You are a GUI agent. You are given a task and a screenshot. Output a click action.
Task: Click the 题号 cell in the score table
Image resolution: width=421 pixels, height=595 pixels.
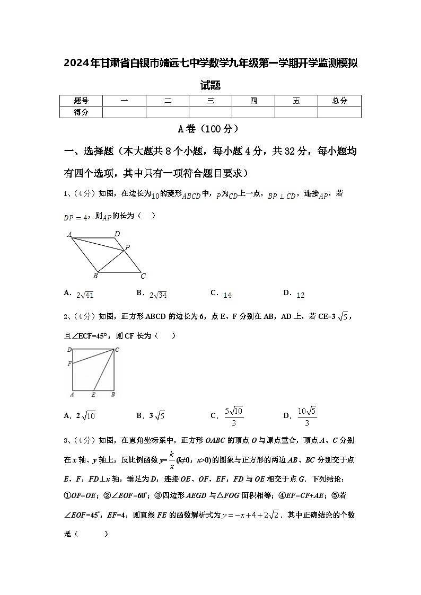81,101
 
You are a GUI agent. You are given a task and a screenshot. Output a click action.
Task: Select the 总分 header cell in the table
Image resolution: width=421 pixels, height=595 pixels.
339,101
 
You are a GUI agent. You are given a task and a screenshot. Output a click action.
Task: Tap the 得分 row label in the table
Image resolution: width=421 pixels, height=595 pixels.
81,112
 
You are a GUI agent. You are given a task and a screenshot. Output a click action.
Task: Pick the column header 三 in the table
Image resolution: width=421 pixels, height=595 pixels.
210,101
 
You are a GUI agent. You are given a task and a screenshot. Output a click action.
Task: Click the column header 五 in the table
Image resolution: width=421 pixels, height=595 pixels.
296,101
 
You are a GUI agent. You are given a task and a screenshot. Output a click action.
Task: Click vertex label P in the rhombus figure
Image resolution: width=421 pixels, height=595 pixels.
127,247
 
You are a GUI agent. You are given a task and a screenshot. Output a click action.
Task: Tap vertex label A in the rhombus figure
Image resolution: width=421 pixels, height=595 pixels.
69,234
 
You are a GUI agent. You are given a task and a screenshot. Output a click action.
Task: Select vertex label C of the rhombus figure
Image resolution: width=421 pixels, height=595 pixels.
143,276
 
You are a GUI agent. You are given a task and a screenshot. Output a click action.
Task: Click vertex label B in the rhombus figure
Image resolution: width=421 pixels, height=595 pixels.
95,276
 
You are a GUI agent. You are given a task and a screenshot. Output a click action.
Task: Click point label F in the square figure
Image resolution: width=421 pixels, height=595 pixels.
69,363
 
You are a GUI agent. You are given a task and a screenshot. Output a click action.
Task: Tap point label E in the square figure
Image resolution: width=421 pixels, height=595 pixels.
93,395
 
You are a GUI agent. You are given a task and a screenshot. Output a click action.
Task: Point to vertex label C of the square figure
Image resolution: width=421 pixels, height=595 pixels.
117,349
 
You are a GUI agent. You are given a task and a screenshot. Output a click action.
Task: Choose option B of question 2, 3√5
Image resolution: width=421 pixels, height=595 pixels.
151,415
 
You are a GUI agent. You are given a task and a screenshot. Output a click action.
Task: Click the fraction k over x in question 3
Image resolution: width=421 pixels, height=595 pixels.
172,460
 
